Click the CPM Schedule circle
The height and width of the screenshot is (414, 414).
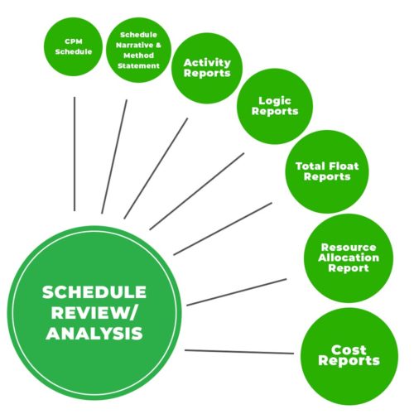click(73, 46)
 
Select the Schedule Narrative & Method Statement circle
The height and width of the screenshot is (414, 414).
click(138, 50)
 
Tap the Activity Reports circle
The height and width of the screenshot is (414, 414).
click(207, 68)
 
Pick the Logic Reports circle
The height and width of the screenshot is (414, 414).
click(275, 106)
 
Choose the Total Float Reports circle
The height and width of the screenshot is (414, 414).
click(327, 171)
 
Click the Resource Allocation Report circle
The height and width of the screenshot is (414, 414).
click(349, 258)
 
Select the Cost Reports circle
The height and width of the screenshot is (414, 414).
click(349, 356)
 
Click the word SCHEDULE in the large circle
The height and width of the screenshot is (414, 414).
click(94, 292)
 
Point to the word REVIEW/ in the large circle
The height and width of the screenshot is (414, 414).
click(94, 313)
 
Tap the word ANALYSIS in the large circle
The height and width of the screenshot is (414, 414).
click(94, 333)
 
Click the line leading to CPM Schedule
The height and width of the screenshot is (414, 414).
click(75, 154)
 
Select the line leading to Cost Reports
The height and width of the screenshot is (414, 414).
click(239, 352)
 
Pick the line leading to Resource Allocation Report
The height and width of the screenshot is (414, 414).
click(237, 292)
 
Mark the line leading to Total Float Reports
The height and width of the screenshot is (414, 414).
click(223, 229)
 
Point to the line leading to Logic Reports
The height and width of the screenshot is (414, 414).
click(197, 191)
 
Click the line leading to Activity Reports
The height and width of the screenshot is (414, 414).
click(156, 168)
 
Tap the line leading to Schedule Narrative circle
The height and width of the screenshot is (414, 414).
click(114, 156)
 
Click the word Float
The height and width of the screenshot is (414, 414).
click(343, 166)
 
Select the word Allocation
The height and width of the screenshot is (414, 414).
click(349, 258)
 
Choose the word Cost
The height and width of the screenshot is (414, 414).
click(349, 350)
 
